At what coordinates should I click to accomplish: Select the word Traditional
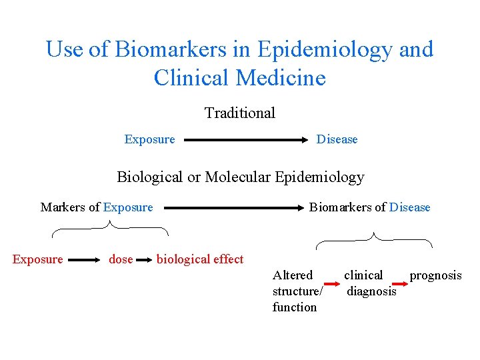240,113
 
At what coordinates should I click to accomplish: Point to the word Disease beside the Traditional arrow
337,139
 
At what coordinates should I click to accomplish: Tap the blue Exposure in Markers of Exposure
128,207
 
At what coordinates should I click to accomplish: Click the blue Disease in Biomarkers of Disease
410,207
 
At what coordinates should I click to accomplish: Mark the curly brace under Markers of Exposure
110,229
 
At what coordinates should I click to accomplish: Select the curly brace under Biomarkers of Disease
374,239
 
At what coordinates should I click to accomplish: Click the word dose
121,259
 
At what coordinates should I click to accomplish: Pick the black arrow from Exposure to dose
83,260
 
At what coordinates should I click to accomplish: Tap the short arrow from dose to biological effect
145,260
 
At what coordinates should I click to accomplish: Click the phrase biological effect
200,259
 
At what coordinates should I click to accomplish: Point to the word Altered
293,275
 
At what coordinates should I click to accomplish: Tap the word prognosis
435,275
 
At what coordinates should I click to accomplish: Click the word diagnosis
371,291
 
